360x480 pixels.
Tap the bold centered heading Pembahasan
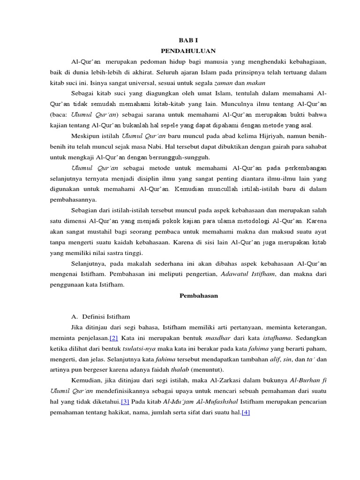click(199, 295)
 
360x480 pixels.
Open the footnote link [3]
click(125, 401)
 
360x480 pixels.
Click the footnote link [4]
click(246, 412)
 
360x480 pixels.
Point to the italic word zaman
click(223, 83)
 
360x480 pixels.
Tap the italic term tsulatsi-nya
click(140, 348)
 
